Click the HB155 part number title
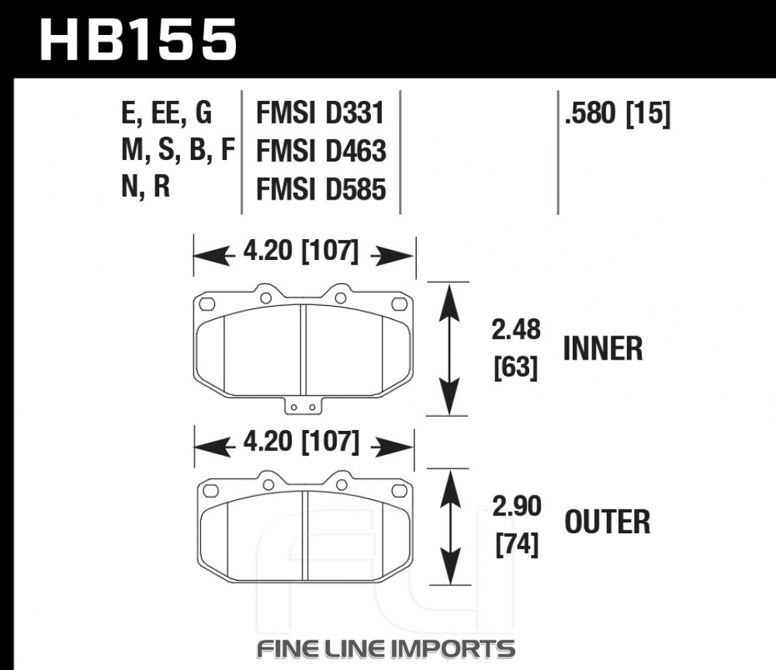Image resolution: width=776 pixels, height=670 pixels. [x=138, y=40]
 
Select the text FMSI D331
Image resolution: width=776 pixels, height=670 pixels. [x=320, y=113]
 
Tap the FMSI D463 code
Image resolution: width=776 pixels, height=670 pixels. [x=320, y=151]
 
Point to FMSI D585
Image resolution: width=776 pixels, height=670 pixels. [x=320, y=189]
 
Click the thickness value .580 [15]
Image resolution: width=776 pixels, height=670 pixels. [x=617, y=113]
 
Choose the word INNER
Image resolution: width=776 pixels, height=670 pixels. [x=603, y=349]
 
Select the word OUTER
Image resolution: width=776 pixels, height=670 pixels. [x=608, y=522]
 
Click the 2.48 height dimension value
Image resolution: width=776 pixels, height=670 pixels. [x=516, y=329]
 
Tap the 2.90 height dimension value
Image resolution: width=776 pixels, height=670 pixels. [x=517, y=506]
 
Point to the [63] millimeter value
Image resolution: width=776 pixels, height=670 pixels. [x=516, y=368]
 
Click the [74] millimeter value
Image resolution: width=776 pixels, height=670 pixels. [x=517, y=545]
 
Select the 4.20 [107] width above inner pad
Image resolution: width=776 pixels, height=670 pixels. [x=300, y=251]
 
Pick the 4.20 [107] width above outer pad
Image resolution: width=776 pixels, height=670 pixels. [x=301, y=442]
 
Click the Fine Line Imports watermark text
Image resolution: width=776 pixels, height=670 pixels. [x=386, y=649]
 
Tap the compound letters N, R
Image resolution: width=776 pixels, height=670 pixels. [x=146, y=187]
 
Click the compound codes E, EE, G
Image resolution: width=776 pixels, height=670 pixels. [x=166, y=113]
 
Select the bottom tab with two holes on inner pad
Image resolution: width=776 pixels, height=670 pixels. [x=303, y=405]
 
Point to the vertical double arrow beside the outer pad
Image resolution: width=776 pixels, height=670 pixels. [x=450, y=526]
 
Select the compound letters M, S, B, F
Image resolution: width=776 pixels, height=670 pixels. [x=178, y=150]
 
